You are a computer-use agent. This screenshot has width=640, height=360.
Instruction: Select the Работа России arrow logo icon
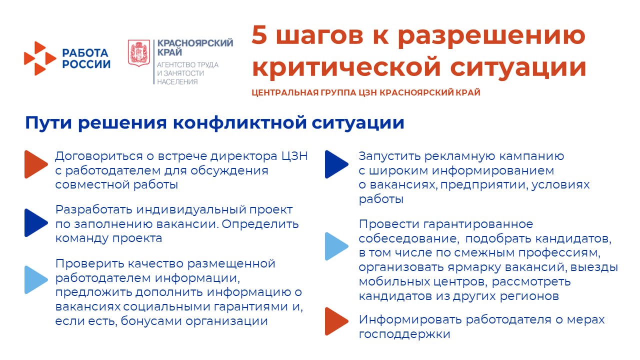[x=39, y=59]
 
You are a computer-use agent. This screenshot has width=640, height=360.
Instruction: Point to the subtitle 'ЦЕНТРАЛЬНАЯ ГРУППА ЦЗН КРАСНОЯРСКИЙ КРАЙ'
[x=366, y=92]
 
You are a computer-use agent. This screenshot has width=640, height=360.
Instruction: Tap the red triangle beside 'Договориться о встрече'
[x=35, y=164]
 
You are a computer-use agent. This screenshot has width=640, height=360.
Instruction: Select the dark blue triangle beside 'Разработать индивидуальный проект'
[x=35, y=222]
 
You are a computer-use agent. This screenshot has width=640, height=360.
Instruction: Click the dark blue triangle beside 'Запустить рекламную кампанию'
[x=336, y=164]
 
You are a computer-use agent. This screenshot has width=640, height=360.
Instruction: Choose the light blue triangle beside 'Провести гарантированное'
[x=336, y=246]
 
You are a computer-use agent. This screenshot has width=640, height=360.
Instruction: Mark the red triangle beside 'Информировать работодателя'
[x=336, y=321]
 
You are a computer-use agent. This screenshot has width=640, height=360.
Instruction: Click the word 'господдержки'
[x=404, y=334]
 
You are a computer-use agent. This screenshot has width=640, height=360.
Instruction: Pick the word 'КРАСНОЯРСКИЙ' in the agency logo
[x=195, y=43]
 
